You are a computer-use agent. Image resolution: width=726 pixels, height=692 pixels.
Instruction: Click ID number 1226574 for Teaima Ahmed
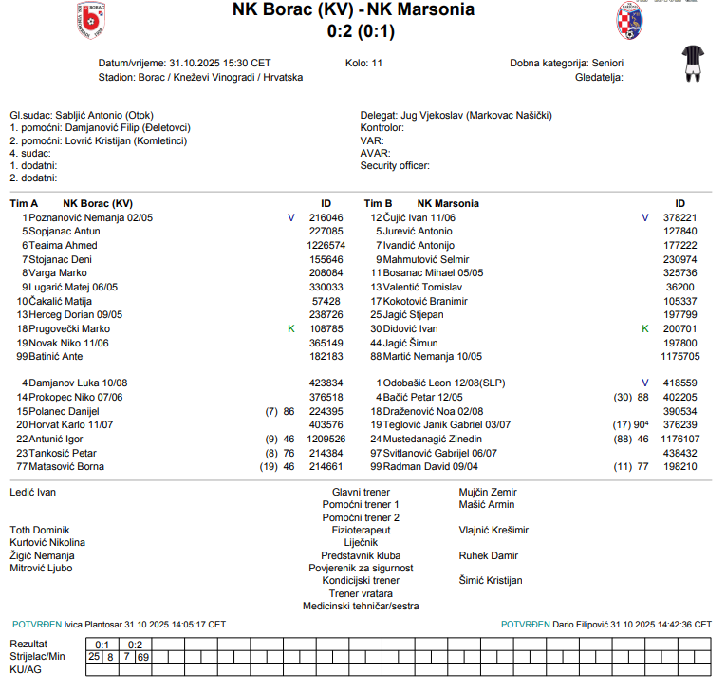click(326, 245)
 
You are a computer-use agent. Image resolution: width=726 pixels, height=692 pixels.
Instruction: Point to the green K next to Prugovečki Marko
click(291, 328)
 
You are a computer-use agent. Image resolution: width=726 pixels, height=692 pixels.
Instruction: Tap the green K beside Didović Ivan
click(645, 328)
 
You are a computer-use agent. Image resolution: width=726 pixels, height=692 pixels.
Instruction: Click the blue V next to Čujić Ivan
click(645, 217)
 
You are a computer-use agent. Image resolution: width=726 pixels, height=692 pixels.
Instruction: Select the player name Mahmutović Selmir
click(425, 259)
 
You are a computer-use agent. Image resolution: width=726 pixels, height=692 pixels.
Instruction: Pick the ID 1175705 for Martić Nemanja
click(679, 356)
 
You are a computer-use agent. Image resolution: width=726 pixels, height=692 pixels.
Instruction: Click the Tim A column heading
click(24, 203)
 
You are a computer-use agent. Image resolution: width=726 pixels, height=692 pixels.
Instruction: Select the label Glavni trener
click(361, 493)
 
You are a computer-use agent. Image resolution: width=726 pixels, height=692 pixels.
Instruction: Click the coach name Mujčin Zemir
click(487, 493)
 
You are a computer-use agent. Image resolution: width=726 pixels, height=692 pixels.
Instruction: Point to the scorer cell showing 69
click(143, 656)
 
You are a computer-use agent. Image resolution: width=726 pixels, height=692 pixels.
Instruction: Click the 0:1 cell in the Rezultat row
click(102, 644)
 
